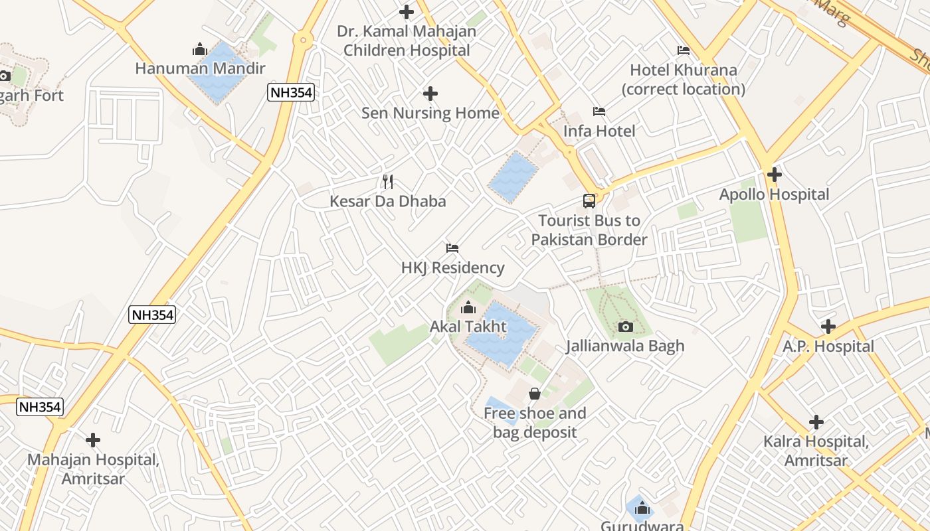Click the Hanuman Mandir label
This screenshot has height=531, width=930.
coord(200,68)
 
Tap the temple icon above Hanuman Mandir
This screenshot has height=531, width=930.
coord(199,49)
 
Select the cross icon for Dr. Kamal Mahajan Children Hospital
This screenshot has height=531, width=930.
coord(406,11)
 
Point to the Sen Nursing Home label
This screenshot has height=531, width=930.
coord(430,113)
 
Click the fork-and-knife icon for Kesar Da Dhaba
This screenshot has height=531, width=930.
coord(388,181)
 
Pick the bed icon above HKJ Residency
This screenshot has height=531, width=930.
coord(452,248)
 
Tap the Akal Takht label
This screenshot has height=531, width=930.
coord(468,327)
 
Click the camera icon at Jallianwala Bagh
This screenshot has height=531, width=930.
coord(625,327)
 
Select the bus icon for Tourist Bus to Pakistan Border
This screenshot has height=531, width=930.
coord(589,200)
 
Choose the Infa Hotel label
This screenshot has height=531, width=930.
coord(599,131)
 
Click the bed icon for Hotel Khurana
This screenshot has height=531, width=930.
coord(683,50)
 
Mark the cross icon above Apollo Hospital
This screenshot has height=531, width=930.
coord(774,175)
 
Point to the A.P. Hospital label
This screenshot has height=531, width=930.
coord(828,346)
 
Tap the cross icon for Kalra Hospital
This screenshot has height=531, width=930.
coord(816,422)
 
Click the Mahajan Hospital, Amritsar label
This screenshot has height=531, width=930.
coord(93,469)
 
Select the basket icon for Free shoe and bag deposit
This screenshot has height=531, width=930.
coord(534,394)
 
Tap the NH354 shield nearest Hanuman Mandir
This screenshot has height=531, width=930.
coord(291,92)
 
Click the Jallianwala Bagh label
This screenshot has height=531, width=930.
coord(625,346)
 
